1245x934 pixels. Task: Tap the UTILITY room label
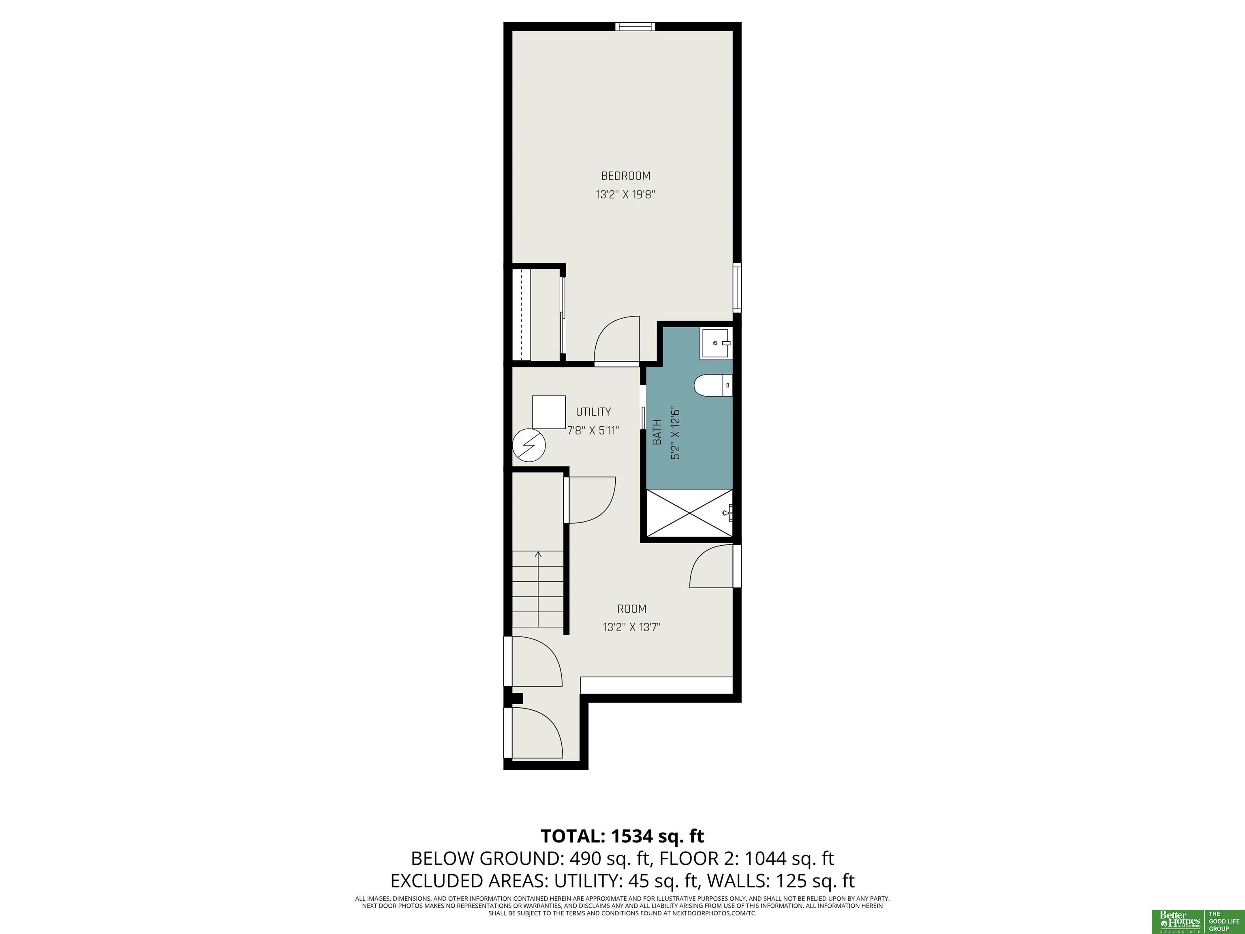(x=593, y=411)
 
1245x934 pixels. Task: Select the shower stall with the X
(x=689, y=513)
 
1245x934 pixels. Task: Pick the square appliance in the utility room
(x=549, y=413)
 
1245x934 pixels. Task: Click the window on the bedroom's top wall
(x=635, y=26)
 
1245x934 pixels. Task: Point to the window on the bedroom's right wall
(x=737, y=287)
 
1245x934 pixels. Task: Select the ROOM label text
(x=631, y=608)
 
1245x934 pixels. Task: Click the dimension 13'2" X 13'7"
(x=631, y=627)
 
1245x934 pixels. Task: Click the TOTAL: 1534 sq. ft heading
(x=622, y=836)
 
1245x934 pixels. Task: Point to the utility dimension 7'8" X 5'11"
(x=593, y=430)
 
